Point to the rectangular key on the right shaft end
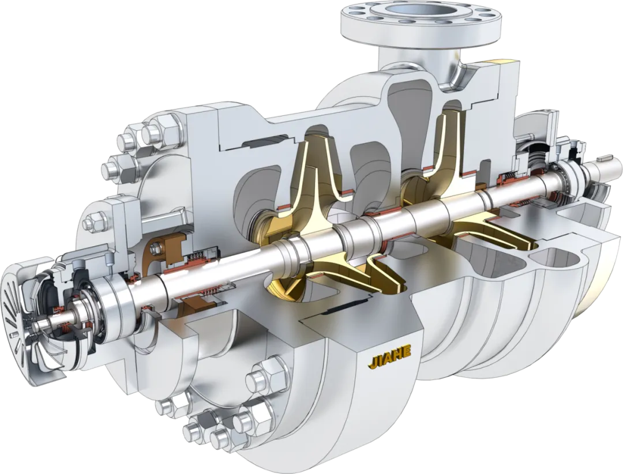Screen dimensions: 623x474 pos(605,157)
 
